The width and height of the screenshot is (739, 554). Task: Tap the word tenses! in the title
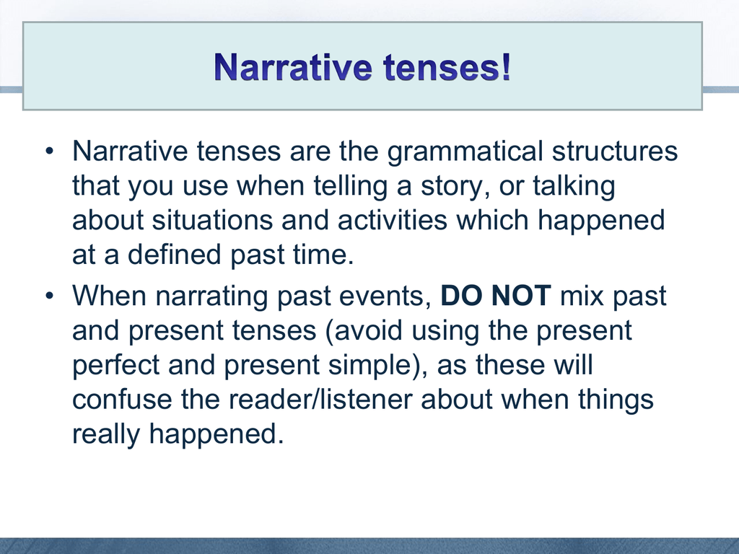coord(447,69)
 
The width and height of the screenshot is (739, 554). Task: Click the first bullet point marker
coord(50,153)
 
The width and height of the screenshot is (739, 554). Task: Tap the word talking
coord(574,187)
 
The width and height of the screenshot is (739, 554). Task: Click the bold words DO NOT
coord(496,296)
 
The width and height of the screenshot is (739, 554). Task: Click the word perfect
coord(116,365)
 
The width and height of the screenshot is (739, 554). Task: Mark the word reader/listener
coord(297,400)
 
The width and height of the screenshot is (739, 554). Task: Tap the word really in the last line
coord(106,434)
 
